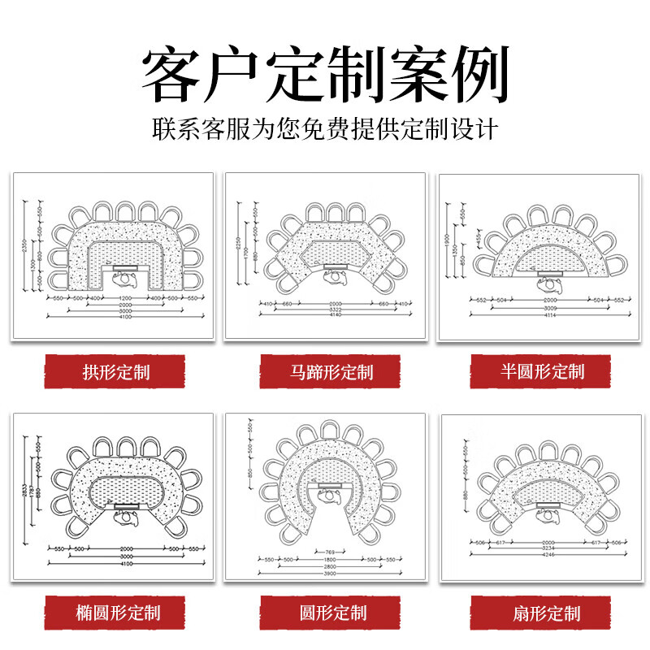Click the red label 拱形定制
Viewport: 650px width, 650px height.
115,374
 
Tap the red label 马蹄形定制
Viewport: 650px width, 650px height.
331,374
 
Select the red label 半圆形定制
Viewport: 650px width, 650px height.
543,372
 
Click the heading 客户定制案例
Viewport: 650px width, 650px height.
325,75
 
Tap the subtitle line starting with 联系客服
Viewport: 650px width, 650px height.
325,129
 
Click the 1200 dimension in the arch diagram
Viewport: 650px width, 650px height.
125,299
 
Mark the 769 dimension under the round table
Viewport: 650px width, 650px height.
330,552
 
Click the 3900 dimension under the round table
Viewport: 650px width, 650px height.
330,574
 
